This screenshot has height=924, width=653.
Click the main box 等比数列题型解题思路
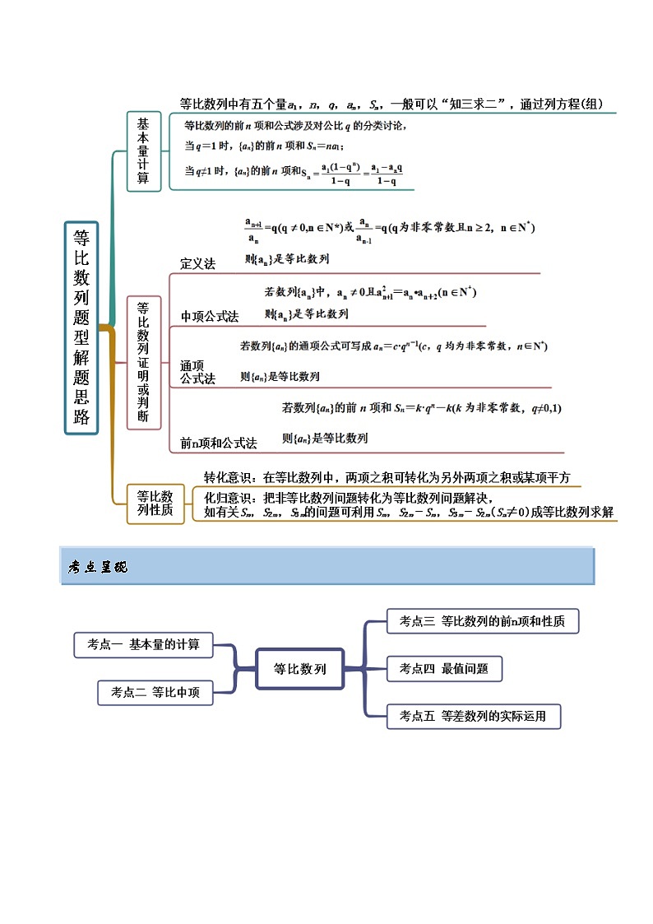pos(81,327)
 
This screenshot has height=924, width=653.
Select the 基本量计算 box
pos(143,151)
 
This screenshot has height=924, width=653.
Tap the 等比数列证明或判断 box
pos(143,363)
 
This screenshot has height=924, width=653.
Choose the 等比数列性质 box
pos(155,503)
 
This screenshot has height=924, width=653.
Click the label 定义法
pos(197,263)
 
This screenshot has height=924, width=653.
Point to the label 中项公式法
pos(210,316)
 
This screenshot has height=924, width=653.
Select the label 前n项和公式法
pos(219,443)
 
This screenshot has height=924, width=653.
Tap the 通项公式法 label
pos(197,372)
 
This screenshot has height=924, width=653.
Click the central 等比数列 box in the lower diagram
pos(299,669)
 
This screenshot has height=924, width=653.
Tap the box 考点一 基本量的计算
pos(143,644)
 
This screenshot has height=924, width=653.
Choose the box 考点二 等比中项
pos(155,693)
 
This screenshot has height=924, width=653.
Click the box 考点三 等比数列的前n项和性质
pos(482,621)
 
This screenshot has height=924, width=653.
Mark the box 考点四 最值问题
pos(443,669)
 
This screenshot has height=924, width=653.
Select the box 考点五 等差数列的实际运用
pos(475,716)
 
